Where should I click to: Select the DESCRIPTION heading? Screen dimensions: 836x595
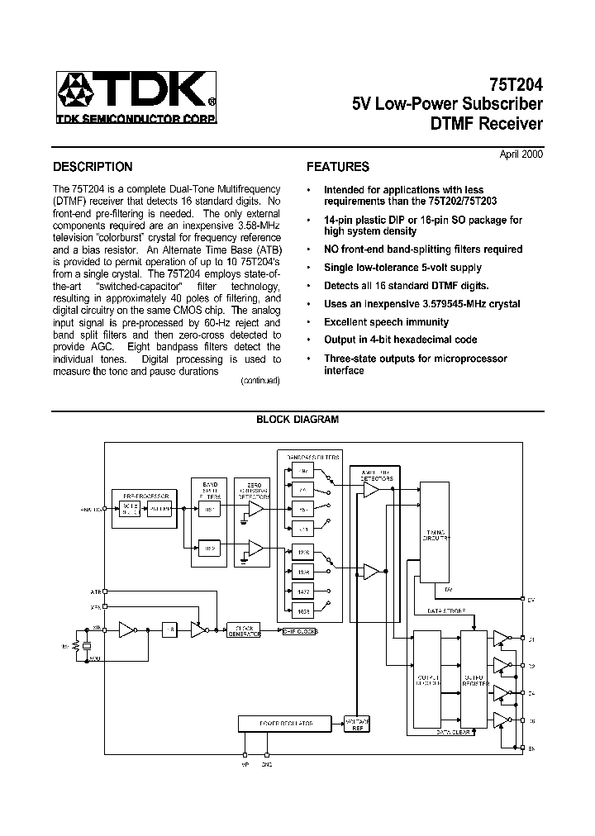93,166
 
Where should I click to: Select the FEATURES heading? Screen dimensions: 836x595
338,166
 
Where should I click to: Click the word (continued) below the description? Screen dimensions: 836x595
260,381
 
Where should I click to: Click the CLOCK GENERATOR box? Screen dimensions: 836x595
244,630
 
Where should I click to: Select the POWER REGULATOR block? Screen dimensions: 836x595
288,723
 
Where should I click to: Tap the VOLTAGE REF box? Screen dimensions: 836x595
358,723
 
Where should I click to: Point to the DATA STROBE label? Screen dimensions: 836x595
446,610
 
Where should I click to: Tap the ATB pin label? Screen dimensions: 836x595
95,591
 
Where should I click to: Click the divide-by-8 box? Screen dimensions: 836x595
169,629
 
